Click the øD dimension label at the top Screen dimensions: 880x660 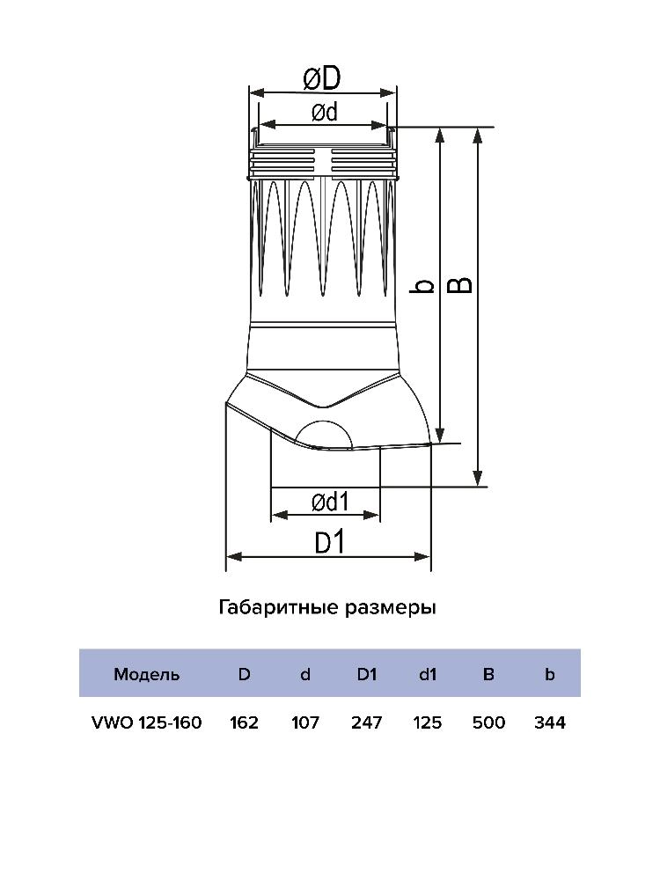[x=321, y=79]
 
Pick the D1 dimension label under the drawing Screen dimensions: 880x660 [x=329, y=542]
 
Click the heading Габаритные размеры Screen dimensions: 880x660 [x=327, y=608]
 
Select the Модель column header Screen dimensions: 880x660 [x=147, y=675]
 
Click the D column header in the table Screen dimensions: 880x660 [x=244, y=675]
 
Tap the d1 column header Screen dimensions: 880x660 [x=427, y=675]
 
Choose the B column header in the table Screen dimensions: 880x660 [x=488, y=675]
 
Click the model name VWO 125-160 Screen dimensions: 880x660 [x=147, y=722]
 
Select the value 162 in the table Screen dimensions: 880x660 [x=244, y=722]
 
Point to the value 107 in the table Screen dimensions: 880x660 [x=305, y=722]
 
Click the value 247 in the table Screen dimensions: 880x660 [x=366, y=722]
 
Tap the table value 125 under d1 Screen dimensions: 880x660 [x=427, y=722]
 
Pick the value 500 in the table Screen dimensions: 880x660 [x=488, y=722]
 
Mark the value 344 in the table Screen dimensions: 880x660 [x=549, y=722]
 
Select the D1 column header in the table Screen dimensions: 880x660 [x=366, y=675]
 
